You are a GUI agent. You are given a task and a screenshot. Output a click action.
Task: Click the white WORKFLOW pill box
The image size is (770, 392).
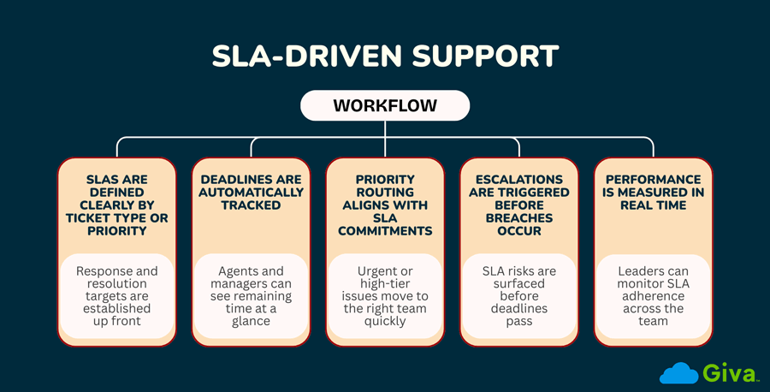(x=384, y=105)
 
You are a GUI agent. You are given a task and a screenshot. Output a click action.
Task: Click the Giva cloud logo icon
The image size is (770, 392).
(x=678, y=373)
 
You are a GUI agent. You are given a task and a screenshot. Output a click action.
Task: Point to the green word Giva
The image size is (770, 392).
(x=726, y=373)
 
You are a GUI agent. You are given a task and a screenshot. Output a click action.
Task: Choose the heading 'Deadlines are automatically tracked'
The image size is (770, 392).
(x=251, y=193)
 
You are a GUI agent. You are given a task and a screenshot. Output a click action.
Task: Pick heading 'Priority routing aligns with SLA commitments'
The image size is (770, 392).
(x=384, y=205)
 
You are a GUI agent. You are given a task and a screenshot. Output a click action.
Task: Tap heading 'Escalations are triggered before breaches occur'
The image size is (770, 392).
(x=518, y=205)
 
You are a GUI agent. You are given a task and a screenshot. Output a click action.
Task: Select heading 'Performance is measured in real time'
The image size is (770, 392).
(x=653, y=193)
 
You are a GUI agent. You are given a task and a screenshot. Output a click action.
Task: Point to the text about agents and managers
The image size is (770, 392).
(x=251, y=295)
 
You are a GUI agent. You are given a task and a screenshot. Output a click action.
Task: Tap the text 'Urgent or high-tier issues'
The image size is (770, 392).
(x=384, y=295)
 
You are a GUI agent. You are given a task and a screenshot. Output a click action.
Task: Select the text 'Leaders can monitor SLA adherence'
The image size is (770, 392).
(x=653, y=295)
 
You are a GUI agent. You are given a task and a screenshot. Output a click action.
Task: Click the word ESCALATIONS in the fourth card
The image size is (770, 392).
(x=518, y=180)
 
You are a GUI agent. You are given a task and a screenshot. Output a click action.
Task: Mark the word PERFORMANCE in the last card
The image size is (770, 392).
(x=653, y=180)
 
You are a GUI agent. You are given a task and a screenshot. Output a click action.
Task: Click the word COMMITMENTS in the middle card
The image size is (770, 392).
(x=384, y=231)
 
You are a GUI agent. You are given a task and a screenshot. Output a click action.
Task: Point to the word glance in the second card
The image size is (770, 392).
(x=251, y=321)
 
